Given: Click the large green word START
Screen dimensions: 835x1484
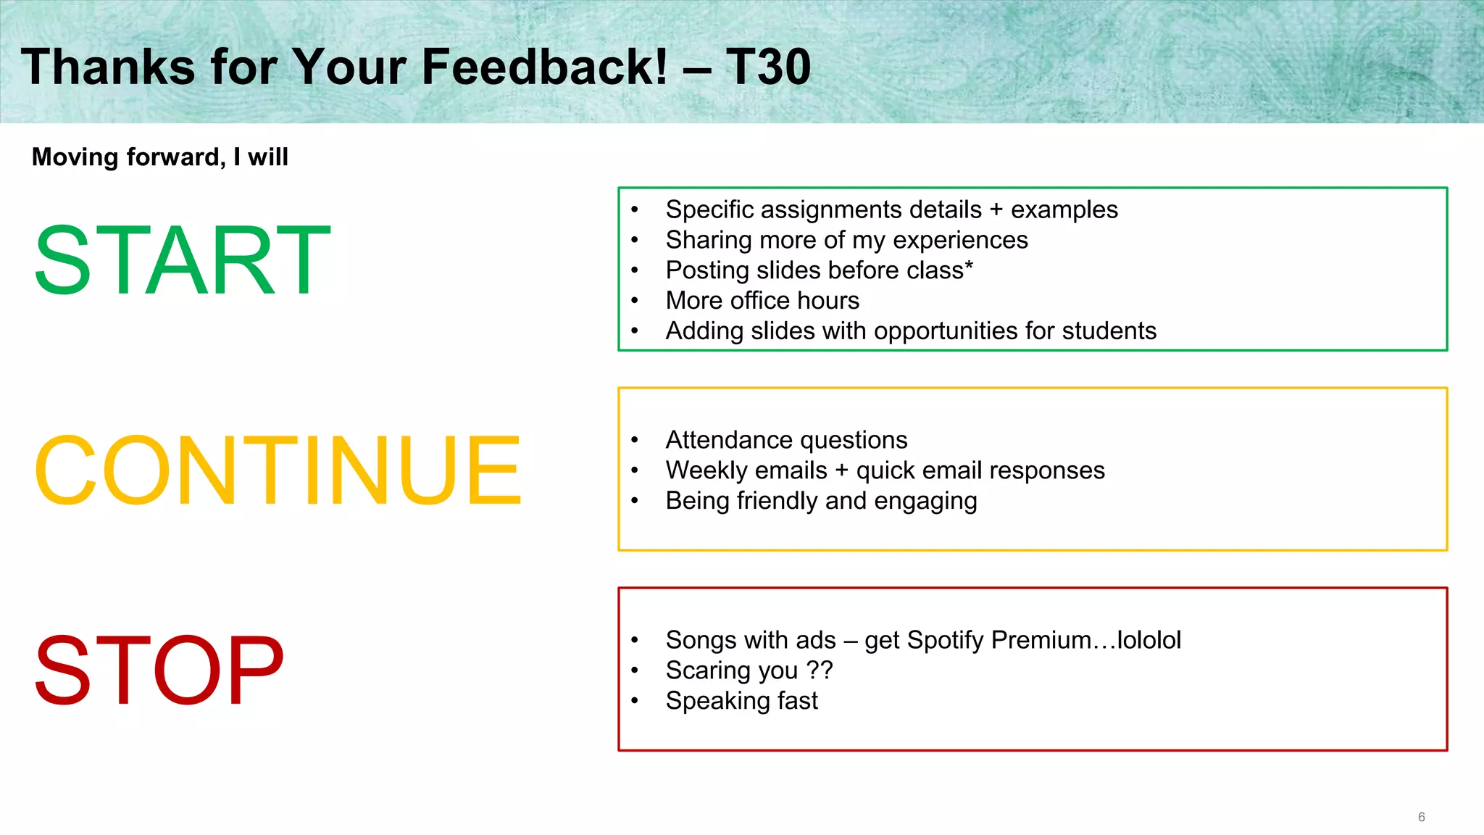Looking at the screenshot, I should [182, 261].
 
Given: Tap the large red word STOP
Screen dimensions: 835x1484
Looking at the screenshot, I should [159, 670].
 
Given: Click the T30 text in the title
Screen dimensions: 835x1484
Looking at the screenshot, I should [768, 67].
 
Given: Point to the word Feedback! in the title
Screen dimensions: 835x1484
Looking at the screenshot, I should [544, 67].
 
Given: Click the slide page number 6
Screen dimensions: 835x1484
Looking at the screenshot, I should [1421, 817].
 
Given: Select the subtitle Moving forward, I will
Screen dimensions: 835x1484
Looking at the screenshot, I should [160, 157].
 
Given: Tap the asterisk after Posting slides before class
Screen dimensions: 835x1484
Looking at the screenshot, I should [969, 265].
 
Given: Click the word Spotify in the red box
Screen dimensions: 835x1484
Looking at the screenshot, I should [946, 641].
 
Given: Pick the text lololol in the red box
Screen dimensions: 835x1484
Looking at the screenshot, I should [1149, 640].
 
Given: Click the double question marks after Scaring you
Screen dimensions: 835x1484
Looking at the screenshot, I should [820, 670].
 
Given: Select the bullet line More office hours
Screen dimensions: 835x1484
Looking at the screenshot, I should [762, 300].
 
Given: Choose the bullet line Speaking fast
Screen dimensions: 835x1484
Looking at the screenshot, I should [741, 701].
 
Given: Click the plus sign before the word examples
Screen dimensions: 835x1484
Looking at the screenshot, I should [996, 210].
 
